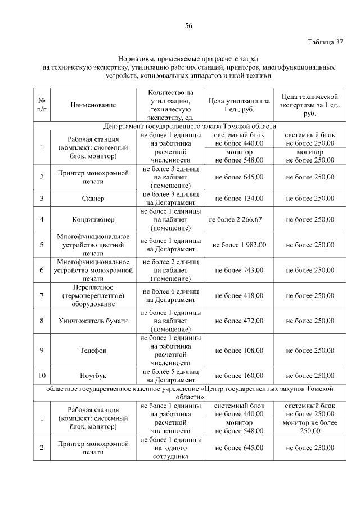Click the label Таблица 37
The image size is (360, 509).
(x=325, y=43)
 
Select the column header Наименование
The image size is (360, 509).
(x=93, y=105)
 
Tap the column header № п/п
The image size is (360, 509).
(x=42, y=105)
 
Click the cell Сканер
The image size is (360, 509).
(x=93, y=199)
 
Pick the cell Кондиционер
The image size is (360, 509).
(x=93, y=220)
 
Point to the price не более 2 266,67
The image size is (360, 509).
(x=238, y=220)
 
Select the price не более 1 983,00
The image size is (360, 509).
(x=238, y=245)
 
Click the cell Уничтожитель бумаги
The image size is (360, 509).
(x=93, y=321)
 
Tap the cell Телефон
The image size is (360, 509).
(x=93, y=350)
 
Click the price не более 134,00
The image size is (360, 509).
(x=238, y=199)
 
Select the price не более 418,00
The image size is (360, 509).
(x=238, y=295)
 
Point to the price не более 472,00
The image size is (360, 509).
(x=238, y=321)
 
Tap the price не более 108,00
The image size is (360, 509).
(x=238, y=350)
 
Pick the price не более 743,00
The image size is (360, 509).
(x=238, y=270)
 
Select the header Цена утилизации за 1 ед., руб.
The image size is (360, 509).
(x=238, y=105)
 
